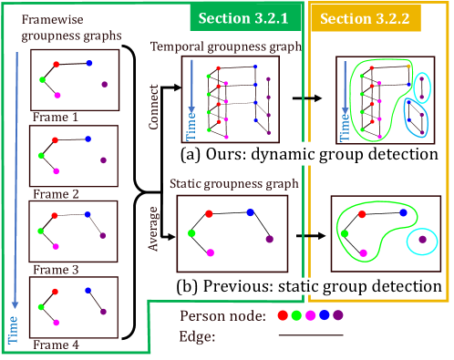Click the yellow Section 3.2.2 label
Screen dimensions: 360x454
click(365, 18)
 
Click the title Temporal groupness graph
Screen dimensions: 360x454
click(225, 46)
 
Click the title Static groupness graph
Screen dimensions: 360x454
click(234, 183)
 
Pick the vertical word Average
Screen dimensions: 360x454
click(153, 229)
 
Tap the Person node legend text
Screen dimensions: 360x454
click(222, 316)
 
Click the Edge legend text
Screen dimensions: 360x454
click(199, 336)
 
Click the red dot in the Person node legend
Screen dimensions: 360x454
click(284, 315)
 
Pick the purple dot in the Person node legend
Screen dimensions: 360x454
click(338, 315)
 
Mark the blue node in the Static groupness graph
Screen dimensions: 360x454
click(250, 212)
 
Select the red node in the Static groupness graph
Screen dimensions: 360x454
click(209, 214)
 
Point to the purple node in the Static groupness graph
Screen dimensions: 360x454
click(269, 239)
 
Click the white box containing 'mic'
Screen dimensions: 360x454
click(303, 155)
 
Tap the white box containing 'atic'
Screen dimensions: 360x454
click(304, 286)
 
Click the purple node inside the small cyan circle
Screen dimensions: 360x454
click(422, 240)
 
